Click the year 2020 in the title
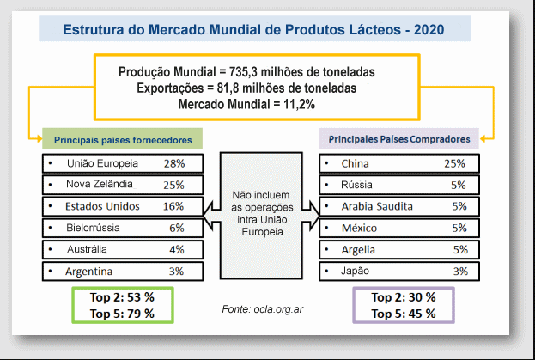428,30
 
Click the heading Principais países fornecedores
123,139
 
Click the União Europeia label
101,163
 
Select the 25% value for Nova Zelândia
173,185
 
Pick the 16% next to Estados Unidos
173,206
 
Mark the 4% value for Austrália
177,249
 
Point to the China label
355,163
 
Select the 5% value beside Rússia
458,185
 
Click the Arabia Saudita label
377,206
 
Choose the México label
360,228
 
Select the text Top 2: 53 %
122,297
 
